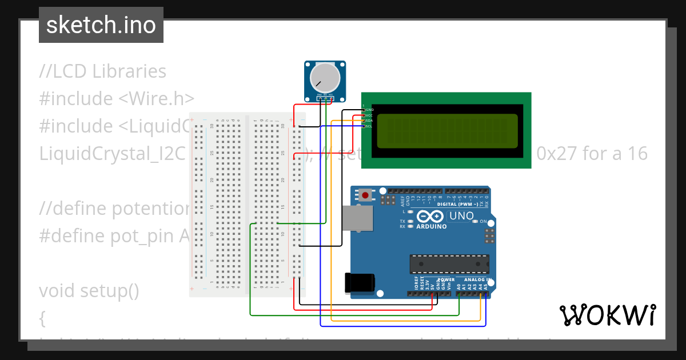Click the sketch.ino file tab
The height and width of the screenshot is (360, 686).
(101, 25)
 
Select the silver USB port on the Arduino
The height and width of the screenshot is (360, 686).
(356, 218)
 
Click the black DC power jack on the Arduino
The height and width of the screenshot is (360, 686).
(360, 283)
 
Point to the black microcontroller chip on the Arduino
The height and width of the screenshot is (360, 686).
(449, 264)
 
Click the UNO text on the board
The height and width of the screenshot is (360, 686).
(461, 216)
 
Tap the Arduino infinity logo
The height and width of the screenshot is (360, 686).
(430, 217)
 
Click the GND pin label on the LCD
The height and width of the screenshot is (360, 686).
(369, 109)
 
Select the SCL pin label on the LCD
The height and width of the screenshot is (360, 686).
(369, 126)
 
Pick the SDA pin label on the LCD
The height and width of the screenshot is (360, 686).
(369, 121)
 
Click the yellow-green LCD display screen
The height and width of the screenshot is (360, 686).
(447, 131)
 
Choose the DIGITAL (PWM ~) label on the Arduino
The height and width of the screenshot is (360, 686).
(457, 204)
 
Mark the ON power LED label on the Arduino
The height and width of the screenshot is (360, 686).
(483, 221)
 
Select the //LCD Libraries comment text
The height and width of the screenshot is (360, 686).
(103, 71)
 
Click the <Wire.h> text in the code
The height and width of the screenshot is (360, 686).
(156, 99)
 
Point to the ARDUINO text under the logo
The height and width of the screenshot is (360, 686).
(430, 226)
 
